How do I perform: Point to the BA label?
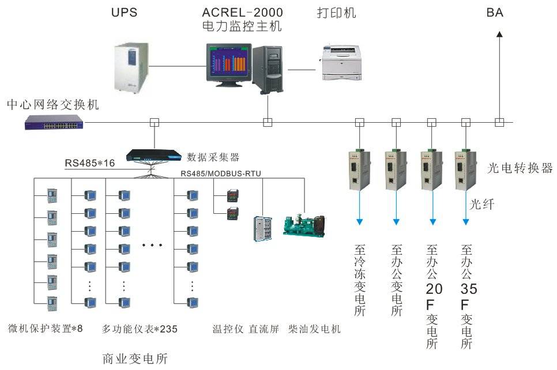point(495,12)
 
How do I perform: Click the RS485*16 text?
point(89,163)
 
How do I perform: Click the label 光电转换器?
point(520,168)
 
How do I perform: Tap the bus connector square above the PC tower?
point(267,122)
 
